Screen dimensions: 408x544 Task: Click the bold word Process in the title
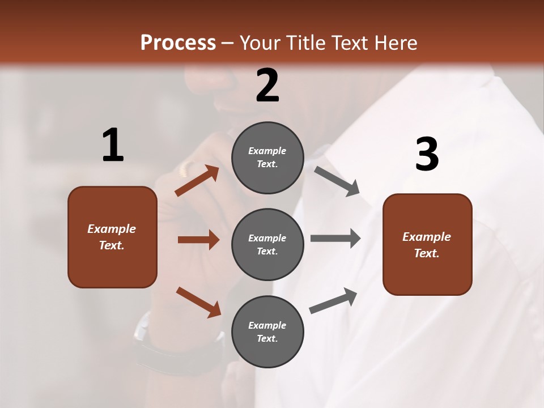point(178,42)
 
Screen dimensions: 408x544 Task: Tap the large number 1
point(113,145)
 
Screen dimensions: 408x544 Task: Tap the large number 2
point(267,86)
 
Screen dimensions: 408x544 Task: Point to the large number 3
point(427,154)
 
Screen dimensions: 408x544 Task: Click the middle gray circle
point(267,244)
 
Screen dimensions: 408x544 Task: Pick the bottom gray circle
point(267,331)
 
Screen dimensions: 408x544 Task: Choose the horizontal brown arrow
point(198,240)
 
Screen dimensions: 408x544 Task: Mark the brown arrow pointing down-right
point(198,302)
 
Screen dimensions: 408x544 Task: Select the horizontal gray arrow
point(335,238)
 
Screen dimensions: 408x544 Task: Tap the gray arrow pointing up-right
point(333,301)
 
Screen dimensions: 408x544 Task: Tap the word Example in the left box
point(112,229)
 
